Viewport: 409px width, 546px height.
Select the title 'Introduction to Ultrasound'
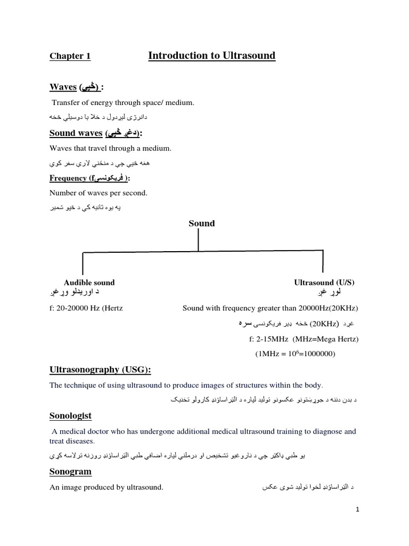pyautogui.click(x=211, y=56)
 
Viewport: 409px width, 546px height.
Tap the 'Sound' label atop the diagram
pyautogui.click(x=201, y=223)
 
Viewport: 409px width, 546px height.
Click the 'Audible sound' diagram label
pyautogui.click(x=89, y=283)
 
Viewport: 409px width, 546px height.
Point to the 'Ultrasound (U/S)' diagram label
pyautogui.click(x=324, y=283)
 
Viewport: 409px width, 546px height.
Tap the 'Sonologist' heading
pyautogui.click(x=70, y=415)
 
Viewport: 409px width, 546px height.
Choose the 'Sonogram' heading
pyautogui.click(x=70, y=472)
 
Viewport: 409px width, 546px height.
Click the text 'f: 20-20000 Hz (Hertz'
pyautogui.click(x=86, y=308)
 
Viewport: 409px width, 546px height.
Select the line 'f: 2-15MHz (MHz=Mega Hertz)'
pyautogui.click(x=304, y=339)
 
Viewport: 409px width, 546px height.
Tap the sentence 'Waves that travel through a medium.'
pyautogui.click(x=110, y=148)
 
